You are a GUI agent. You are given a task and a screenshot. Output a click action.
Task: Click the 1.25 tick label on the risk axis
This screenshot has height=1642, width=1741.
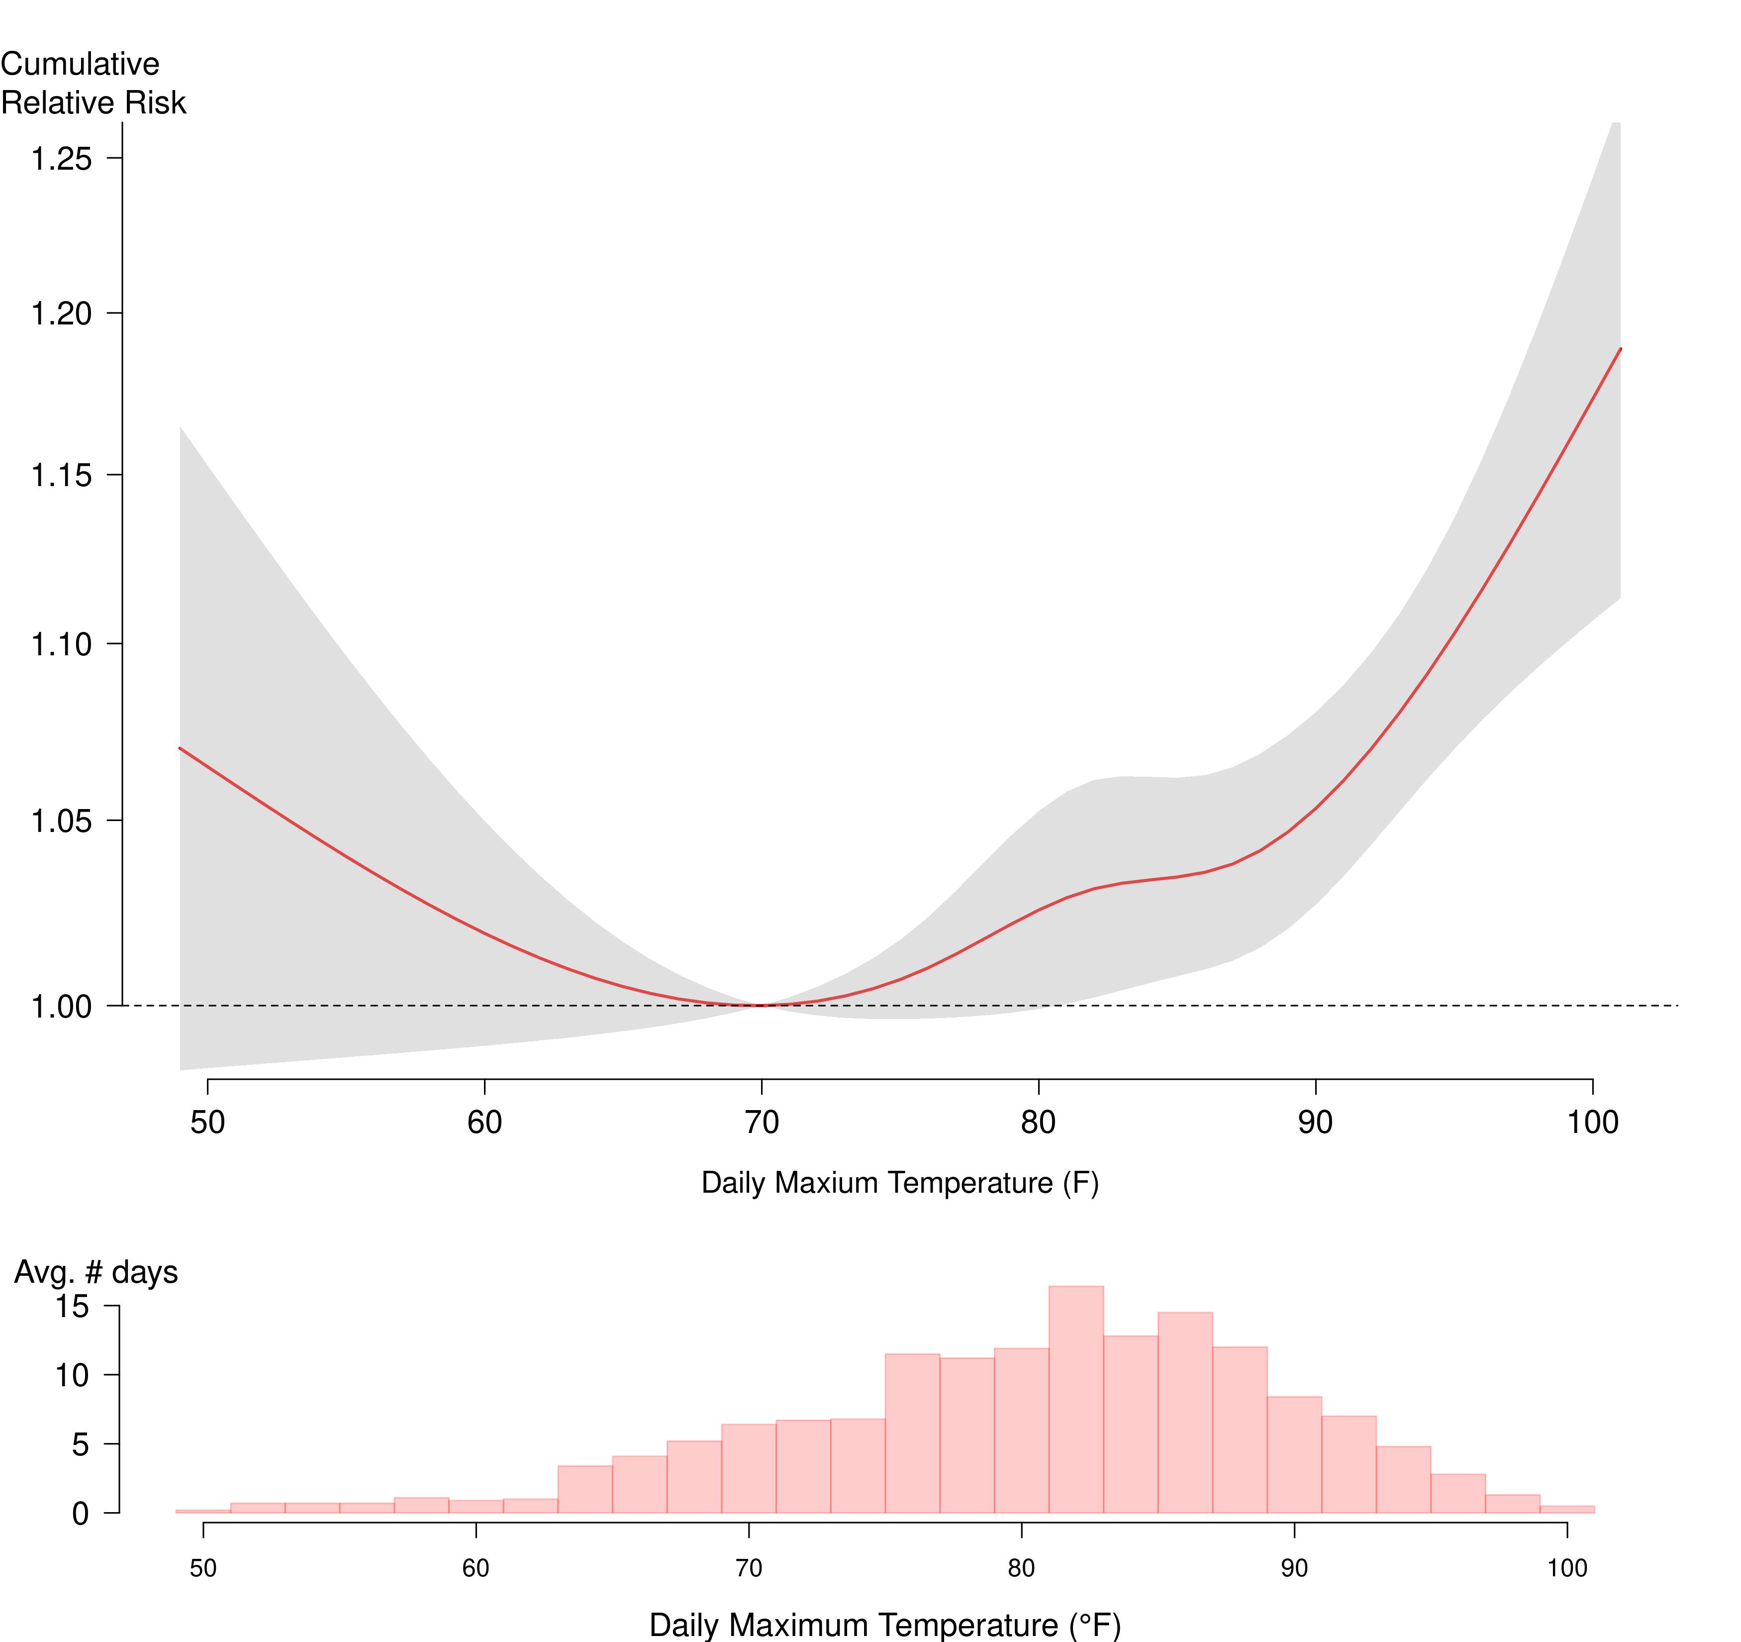61,159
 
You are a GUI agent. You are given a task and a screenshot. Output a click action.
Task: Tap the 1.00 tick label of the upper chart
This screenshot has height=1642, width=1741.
61,1007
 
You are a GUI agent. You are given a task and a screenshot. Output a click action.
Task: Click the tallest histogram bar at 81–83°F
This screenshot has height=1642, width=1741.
1076,1402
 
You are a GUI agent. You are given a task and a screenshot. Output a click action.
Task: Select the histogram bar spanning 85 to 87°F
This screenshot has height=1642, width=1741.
1185,1415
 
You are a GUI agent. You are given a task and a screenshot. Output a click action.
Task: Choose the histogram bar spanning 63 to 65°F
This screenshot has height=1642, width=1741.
585,1490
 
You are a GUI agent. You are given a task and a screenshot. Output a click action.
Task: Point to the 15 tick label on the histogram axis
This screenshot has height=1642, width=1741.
73,1307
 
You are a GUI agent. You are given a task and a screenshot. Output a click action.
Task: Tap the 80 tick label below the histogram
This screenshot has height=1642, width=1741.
1021,1568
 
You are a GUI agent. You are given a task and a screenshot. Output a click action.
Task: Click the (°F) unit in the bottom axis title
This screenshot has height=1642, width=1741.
1095,1626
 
